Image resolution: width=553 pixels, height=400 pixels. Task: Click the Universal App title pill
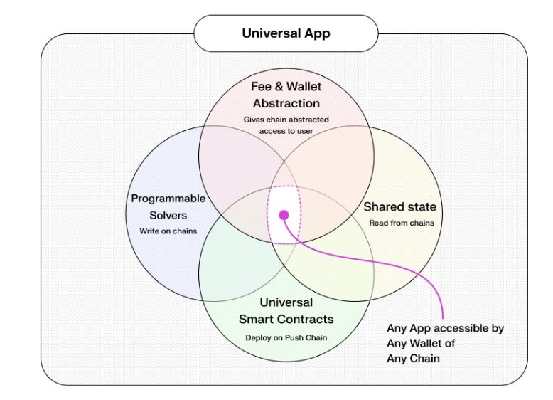(286, 33)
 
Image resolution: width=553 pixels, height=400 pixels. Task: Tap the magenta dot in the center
(284, 215)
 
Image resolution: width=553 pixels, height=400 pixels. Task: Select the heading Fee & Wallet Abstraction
(286, 95)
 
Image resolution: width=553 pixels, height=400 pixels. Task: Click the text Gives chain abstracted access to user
(286, 125)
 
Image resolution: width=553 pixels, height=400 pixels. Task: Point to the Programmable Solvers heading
(168, 207)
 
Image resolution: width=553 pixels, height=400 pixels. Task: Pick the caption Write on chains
(168, 231)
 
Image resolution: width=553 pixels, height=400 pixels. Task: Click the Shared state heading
(400, 207)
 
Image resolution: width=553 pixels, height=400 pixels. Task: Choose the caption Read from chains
(402, 223)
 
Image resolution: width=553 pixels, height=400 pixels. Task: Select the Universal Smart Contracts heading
(286, 311)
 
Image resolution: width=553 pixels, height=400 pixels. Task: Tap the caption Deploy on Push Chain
(286, 338)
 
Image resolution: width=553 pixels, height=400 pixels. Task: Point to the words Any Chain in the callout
(414, 359)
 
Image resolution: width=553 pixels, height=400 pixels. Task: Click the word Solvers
(168, 216)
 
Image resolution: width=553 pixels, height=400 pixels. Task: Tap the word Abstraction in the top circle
(286, 103)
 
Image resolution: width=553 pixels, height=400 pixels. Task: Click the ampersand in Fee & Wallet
(279, 87)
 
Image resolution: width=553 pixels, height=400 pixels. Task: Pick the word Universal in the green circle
(286, 302)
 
